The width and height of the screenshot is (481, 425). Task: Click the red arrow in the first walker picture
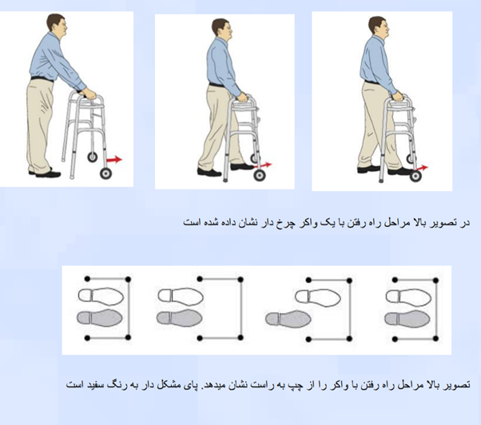point(114,159)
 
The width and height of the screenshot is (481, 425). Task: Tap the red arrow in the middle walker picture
point(263,165)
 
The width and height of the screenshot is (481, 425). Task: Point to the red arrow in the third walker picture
point(420,168)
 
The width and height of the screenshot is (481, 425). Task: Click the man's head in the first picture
point(57,24)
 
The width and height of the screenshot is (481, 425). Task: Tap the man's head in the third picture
point(379,27)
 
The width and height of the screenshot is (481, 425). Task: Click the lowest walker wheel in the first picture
point(105,173)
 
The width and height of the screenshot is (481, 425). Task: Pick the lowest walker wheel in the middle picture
point(260,176)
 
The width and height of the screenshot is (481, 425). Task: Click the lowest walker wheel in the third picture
point(416,177)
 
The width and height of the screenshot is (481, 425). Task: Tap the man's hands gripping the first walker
point(89,93)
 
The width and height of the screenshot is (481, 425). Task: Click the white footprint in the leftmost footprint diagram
point(101,296)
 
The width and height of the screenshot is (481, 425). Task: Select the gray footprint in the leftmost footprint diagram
point(100,318)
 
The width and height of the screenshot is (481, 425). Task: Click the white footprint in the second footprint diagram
point(181,296)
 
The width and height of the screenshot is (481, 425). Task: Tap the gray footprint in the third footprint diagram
point(288,319)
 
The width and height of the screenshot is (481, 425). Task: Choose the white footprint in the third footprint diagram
point(318,296)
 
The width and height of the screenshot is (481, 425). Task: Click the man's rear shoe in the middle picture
point(209,173)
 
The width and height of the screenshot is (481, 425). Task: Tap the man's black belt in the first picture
point(42,79)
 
